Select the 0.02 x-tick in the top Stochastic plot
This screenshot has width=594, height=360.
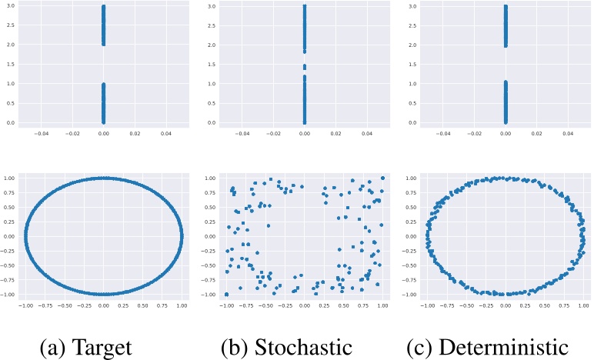[x=335, y=133]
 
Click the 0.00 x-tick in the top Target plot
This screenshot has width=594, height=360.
[x=103, y=133]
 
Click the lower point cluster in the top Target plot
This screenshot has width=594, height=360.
[x=103, y=103]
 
